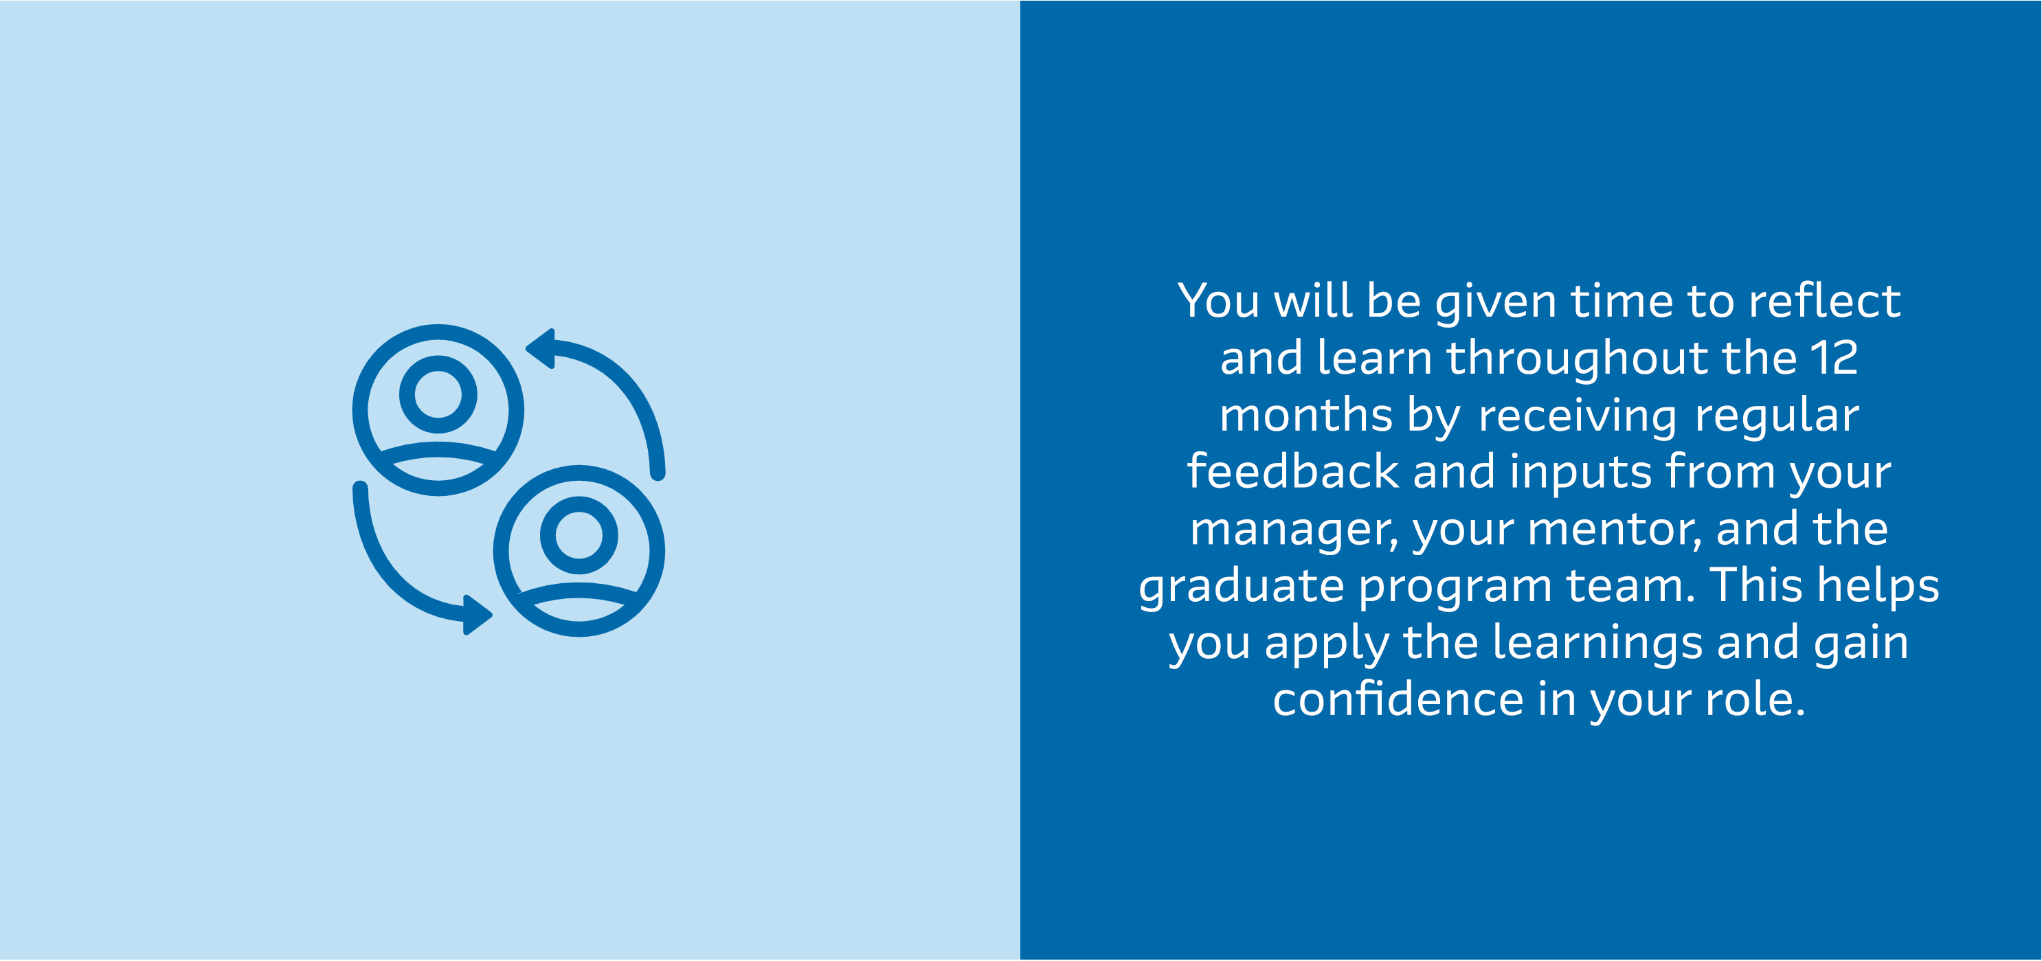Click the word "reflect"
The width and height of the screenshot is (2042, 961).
click(1824, 301)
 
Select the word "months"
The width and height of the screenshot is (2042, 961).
click(1305, 414)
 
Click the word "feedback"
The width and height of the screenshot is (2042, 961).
click(1293, 471)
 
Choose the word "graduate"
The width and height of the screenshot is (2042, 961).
click(1242, 586)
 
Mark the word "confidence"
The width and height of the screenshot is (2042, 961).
click(1398, 699)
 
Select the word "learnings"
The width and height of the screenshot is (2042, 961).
click(1597, 642)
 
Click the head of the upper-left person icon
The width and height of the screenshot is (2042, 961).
click(438, 394)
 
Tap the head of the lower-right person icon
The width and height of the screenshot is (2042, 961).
click(579, 535)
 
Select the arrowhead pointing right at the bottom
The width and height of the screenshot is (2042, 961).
click(478, 615)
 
